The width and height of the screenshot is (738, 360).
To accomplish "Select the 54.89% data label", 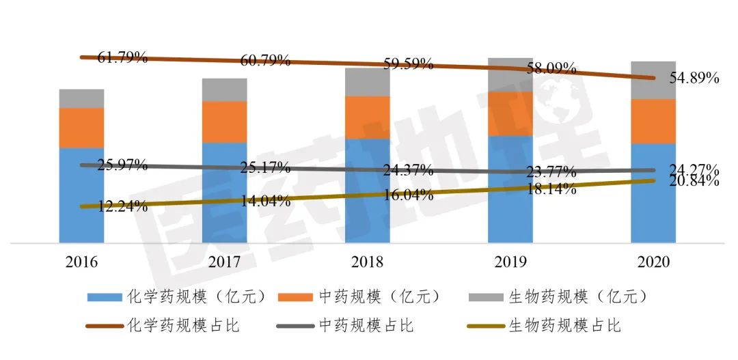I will [x=694, y=78].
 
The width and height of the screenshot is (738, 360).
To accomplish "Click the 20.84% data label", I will [x=694, y=182].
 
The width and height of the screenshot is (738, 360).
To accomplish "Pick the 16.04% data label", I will [x=408, y=195].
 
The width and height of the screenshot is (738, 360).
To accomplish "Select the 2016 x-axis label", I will [x=81, y=262].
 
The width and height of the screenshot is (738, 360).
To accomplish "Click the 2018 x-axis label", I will [x=367, y=262].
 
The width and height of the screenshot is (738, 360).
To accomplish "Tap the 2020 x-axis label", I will [x=653, y=262].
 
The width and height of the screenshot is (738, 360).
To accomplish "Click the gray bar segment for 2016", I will [x=81, y=98].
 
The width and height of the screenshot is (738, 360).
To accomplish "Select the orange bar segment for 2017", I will [x=224, y=122].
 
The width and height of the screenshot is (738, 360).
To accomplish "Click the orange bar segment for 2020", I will [x=653, y=122].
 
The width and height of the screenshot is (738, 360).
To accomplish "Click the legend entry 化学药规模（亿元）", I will [x=181, y=297].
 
